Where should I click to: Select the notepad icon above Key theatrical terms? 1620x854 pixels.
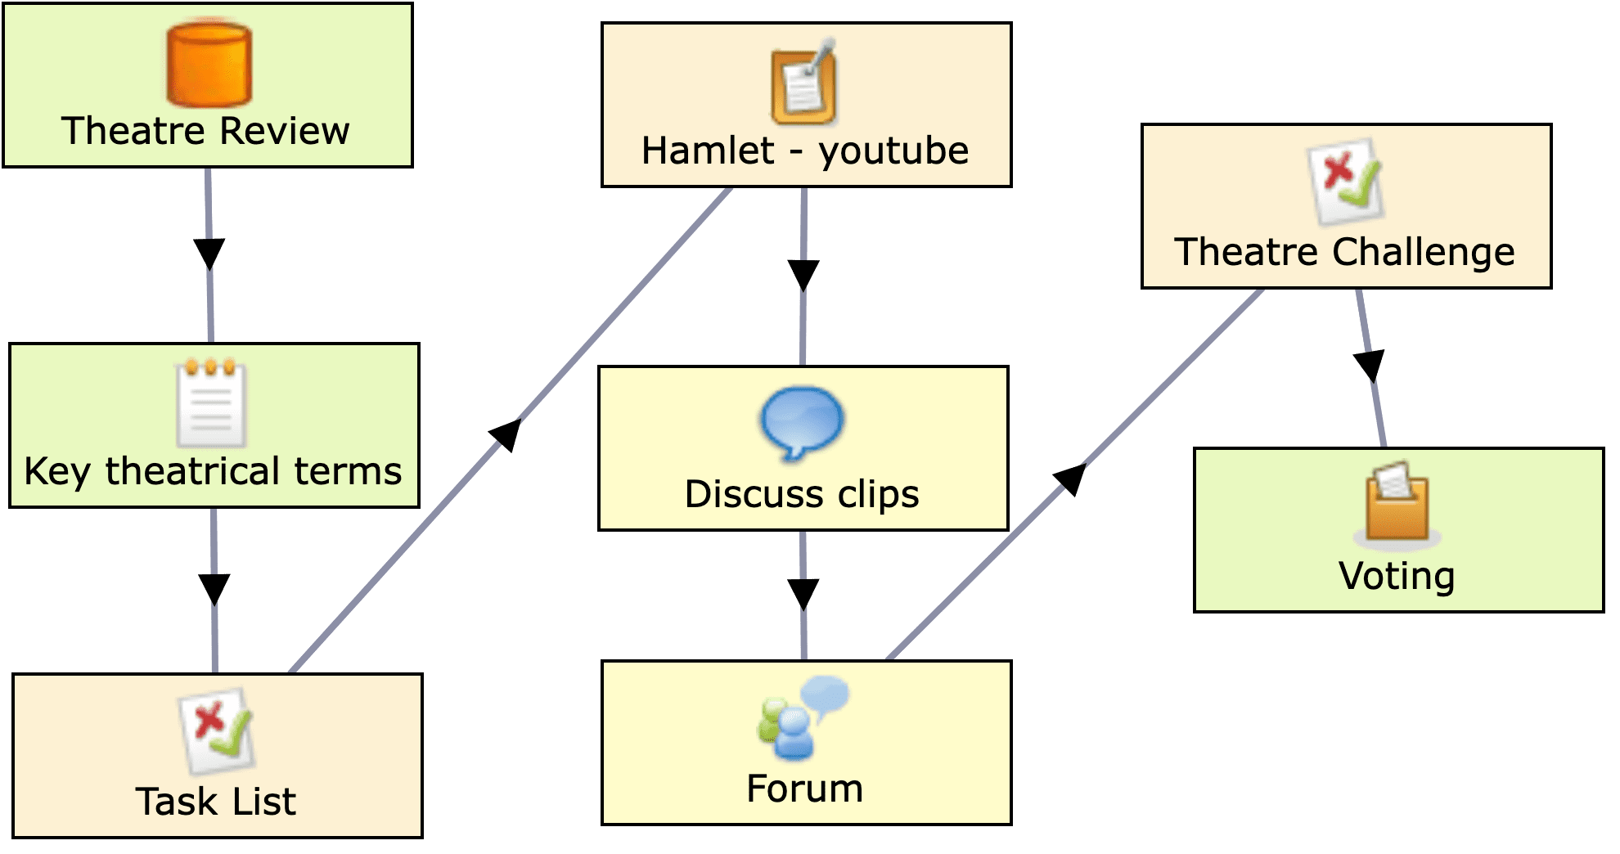point(211,402)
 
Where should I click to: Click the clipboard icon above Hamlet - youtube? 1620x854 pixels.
point(803,82)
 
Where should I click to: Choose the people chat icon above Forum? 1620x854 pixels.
point(802,717)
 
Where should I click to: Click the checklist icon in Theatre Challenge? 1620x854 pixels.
point(1345,182)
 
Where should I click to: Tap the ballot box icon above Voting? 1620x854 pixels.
point(1397,505)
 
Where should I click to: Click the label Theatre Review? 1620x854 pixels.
point(205,131)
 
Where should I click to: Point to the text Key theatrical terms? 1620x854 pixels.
point(213,471)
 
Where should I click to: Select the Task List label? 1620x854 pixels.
point(216,802)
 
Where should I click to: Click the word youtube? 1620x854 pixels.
point(893,151)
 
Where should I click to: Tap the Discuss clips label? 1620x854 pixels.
point(802,494)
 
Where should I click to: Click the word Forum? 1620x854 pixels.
point(805,789)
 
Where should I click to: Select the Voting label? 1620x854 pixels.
point(1397,576)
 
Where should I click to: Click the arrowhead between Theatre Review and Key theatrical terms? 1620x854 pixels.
point(209,253)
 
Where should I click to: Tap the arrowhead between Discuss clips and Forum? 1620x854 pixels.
point(803,593)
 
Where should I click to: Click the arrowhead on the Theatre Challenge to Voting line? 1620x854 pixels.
point(1370,365)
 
